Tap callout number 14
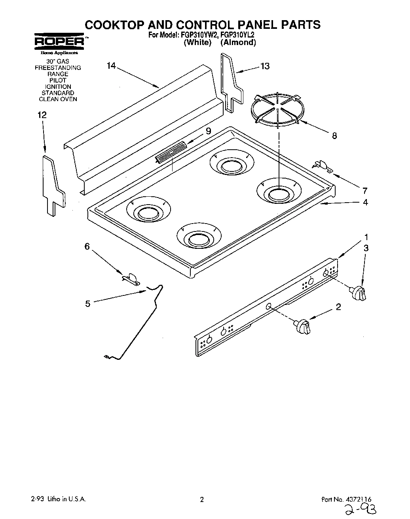111,66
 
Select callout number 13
265,66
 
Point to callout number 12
42,115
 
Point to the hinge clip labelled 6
131,278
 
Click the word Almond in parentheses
238,43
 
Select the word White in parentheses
197,43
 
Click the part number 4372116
358,499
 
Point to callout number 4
365,203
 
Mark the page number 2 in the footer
201,500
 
